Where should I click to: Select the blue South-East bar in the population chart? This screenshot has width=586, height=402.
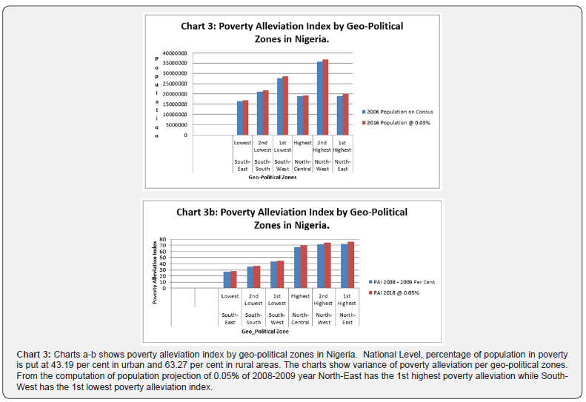coord(239,118)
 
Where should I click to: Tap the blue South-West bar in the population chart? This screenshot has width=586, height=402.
coord(280,107)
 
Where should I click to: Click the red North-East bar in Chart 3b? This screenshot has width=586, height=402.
coord(351,265)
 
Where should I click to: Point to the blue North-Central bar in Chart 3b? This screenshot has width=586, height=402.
coord(297,267)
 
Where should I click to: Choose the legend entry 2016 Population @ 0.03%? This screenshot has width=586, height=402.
coord(401,122)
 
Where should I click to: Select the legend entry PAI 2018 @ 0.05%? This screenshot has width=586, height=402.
coord(402,294)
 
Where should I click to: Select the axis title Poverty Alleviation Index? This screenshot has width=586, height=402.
coord(155,272)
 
